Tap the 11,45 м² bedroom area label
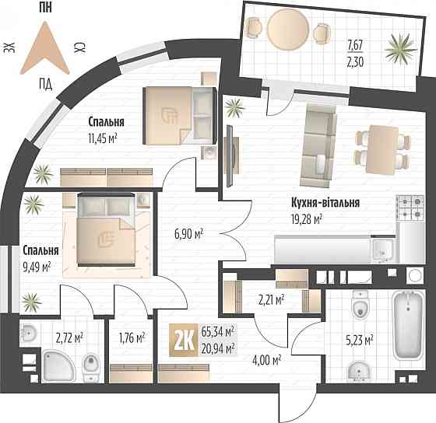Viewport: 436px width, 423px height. click(x=102, y=138)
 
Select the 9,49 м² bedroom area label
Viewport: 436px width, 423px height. click(x=37, y=267)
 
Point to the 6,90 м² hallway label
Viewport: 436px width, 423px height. click(x=188, y=234)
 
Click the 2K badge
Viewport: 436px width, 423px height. click(x=184, y=340)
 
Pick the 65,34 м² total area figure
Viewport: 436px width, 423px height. click(x=217, y=332)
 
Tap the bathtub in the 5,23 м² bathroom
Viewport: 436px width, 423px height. click(x=408, y=326)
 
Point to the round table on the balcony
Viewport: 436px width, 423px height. click(x=288, y=27)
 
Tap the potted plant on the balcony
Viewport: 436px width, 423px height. click(x=401, y=50)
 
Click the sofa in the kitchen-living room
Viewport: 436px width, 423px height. click(x=318, y=145)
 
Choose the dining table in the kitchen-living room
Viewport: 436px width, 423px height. click(x=382, y=149)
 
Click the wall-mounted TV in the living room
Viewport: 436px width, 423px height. click(x=230, y=156)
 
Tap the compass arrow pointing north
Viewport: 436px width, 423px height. click(x=45, y=48)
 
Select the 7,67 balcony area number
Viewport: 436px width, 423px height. click(x=355, y=45)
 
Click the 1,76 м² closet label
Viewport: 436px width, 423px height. click(x=132, y=337)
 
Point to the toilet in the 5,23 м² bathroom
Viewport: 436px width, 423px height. click(x=360, y=305)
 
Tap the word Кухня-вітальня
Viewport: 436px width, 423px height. click(x=325, y=202)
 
